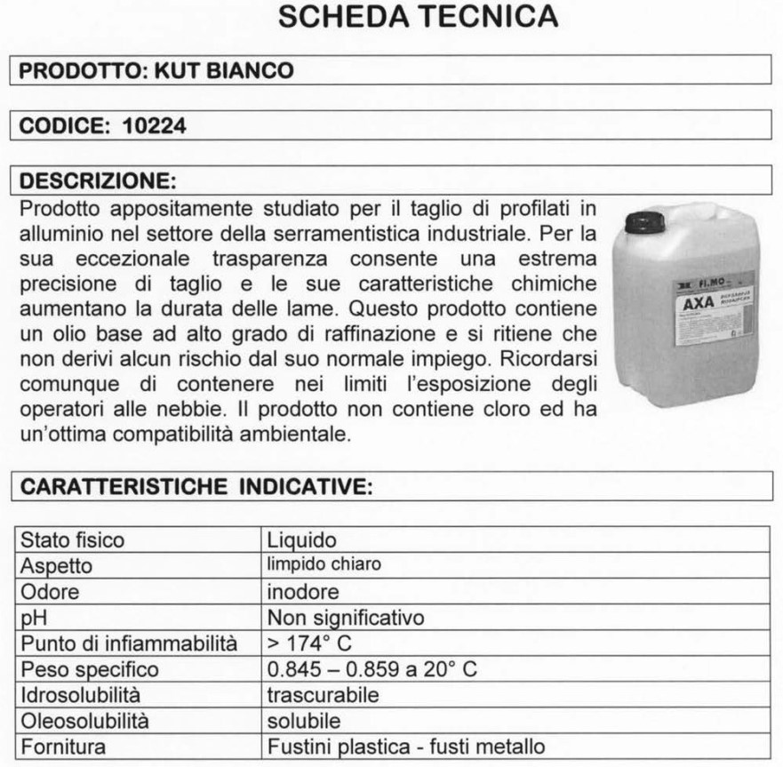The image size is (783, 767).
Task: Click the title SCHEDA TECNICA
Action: click(x=418, y=17)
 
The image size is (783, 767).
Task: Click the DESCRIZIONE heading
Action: click(x=97, y=181)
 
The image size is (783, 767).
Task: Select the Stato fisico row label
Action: click(x=73, y=539)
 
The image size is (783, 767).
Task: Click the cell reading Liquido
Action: click(x=302, y=539)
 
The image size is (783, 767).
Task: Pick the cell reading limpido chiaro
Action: click(x=324, y=565)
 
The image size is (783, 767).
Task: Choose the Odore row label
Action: click(x=50, y=591)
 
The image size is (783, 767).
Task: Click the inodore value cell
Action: click(x=303, y=591)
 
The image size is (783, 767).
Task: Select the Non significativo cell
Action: click(x=346, y=617)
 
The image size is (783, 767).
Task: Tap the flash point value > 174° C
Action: click(x=312, y=643)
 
